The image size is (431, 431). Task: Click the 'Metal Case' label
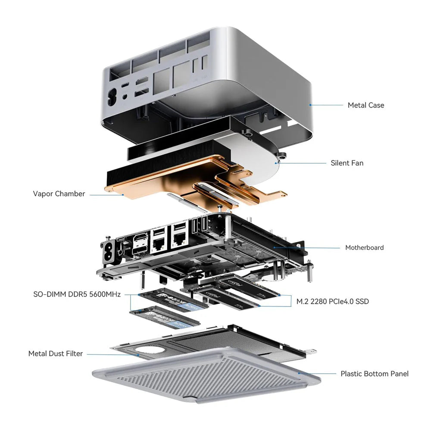(x=365, y=105)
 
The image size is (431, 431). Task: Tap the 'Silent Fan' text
(x=347, y=163)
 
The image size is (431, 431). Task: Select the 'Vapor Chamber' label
(x=59, y=194)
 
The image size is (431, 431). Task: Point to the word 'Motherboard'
(x=364, y=247)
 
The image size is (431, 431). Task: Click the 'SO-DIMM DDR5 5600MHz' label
(x=77, y=295)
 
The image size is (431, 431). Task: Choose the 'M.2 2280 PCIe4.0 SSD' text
(x=332, y=301)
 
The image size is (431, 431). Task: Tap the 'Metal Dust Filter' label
(x=56, y=353)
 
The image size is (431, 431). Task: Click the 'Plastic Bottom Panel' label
(x=374, y=374)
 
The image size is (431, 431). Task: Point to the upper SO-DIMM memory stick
(x=172, y=299)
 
